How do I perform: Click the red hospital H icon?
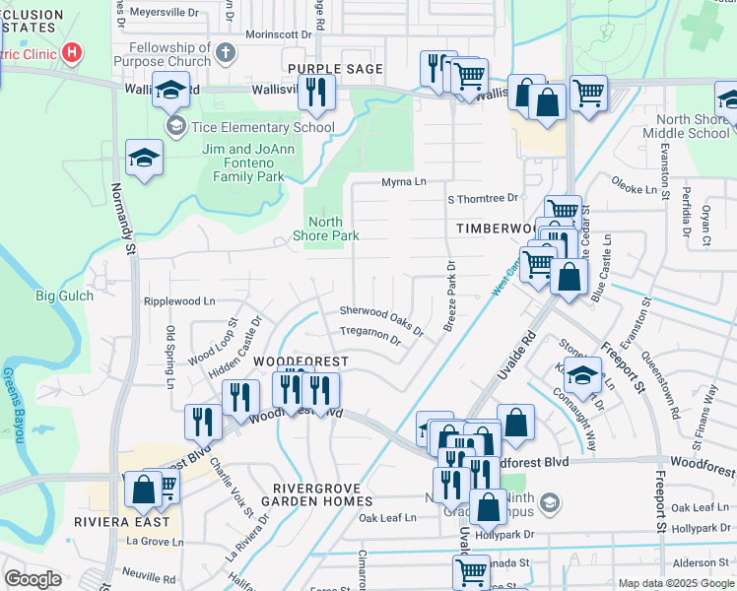point(72,52)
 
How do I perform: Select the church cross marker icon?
point(226,52)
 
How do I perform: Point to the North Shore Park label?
point(325,229)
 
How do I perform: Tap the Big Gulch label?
point(65,295)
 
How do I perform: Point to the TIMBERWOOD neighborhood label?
point(498,228)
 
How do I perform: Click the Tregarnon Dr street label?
point(369,338)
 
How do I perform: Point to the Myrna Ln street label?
point(404,182)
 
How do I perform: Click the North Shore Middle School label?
point(686,127)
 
